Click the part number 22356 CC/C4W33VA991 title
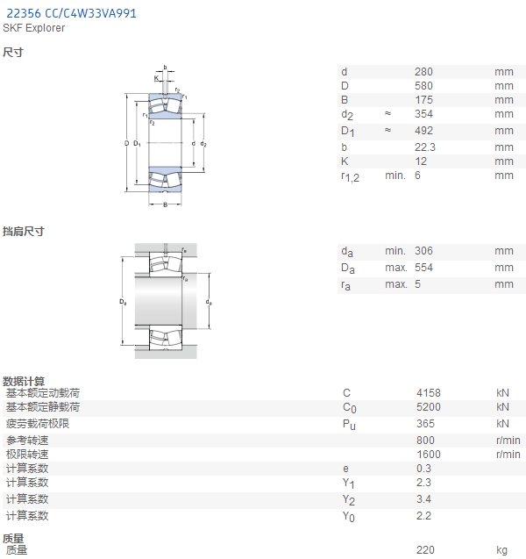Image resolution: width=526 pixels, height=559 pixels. coord(71,13)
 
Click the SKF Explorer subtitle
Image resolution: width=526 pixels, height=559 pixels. coord(34,28)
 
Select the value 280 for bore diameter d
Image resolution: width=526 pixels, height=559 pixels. coord(423,72)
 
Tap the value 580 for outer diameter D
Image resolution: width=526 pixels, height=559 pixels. coord(423,86)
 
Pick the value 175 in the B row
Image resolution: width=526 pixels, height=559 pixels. coord(423,100)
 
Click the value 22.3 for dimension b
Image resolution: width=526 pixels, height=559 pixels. coord(425,147)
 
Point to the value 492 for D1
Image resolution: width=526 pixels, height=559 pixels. coord(423,131)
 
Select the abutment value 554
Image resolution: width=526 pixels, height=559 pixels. coord(423,268)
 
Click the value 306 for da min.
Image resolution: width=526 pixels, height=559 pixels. coord(423,251)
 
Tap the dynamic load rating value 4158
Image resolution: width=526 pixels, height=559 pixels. coord(429,393)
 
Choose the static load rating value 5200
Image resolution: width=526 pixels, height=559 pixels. coord(429,407)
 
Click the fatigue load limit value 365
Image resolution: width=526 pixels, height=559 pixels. coord(425,424)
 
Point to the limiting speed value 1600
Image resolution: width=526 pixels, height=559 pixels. coord(429,455)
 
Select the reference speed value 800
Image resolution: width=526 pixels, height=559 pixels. coord(425,441)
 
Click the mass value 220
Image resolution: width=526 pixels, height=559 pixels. coord(425,549)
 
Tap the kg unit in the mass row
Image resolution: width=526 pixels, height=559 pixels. coord(501,550)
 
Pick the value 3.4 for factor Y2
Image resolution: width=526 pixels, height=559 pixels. coord(423,499)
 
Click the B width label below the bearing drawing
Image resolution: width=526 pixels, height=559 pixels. coord(165,205)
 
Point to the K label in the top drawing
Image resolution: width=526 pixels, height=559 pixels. coord(156,78)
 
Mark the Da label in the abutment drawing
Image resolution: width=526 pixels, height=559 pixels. coord(123,302)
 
